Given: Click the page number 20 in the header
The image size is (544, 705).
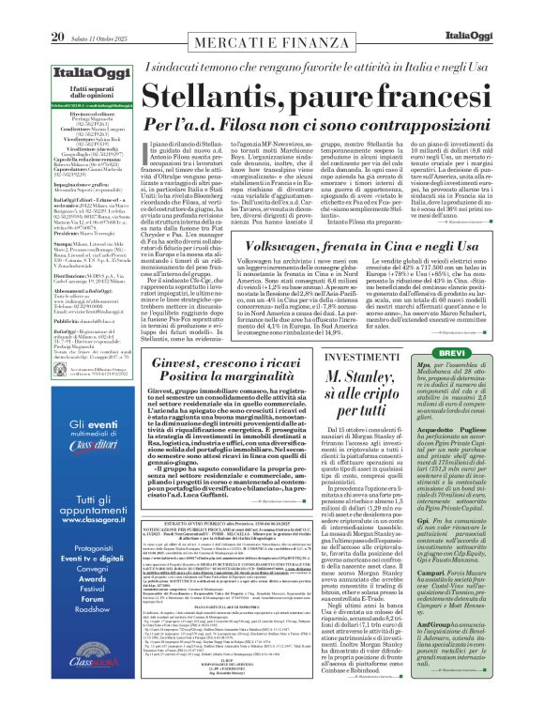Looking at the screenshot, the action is (x=20, y=10).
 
